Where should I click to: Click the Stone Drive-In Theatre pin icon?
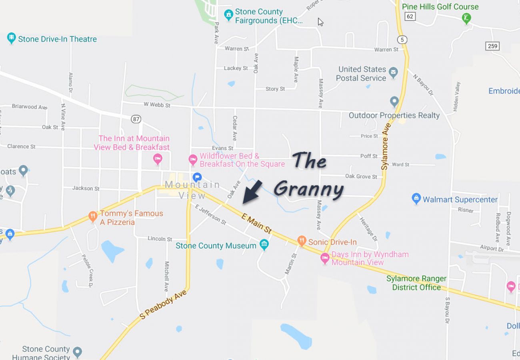coord(11,38)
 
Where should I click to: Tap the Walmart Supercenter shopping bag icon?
coord(416,198)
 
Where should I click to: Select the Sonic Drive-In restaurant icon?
coord(302,241)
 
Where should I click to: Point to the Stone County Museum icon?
coord(264,244)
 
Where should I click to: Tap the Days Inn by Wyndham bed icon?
coord(325,258)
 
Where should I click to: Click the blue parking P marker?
coord(197,177)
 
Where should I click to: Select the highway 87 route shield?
coord(136,118)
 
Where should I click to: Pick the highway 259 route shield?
coord(492,46)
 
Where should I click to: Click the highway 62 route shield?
coord(409,16)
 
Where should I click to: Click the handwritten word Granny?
coord(308,189)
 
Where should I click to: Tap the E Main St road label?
coord(257,223)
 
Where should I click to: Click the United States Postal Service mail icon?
coord(394,73)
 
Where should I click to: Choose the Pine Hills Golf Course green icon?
coord(466,18)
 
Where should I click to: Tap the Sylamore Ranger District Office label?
coord(416,283)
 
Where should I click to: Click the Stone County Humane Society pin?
coord(77,352)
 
